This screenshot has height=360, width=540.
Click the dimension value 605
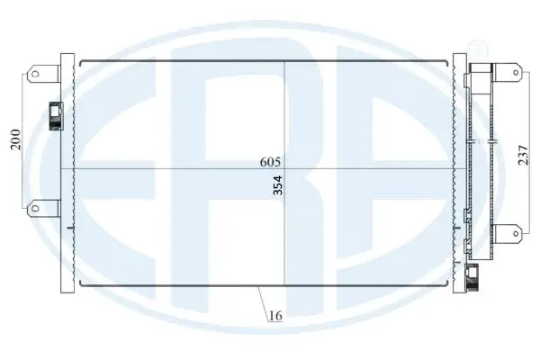click(270, 162)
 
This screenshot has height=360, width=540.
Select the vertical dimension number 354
click(277, 185)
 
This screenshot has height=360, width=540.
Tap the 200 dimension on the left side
click(15, 139)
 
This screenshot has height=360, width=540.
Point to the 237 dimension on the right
click(523, 156)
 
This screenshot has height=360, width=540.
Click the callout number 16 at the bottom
click(275, 315)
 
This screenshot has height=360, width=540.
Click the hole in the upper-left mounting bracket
click(35, 74)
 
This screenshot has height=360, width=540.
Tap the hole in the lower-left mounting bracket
click(35, 208)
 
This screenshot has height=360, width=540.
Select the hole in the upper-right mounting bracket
click(516, 72)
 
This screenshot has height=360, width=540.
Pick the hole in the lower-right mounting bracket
click(516, 234)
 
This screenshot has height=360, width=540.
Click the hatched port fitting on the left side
click(56, 116)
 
